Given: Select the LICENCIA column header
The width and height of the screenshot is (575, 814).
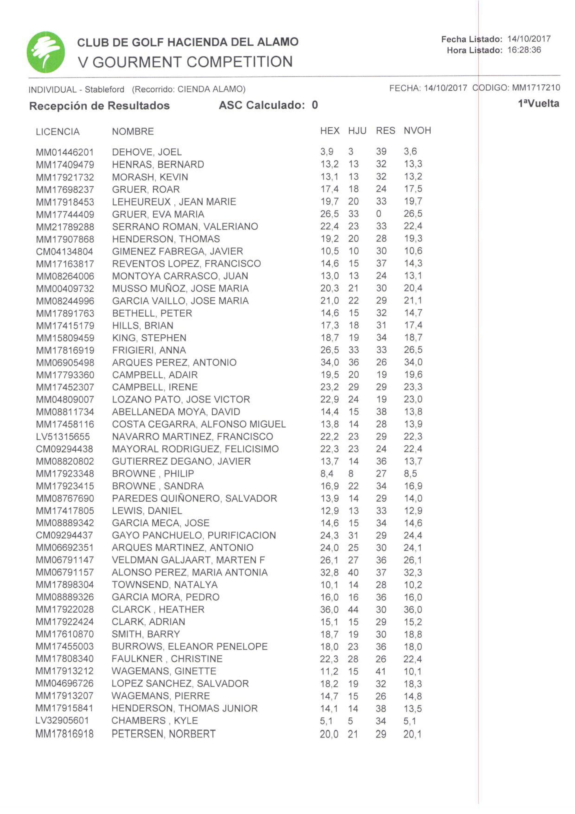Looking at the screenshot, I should [57, 132].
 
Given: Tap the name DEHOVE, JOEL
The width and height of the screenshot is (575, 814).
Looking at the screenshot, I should [147, 152].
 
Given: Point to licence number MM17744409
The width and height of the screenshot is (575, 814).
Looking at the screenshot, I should [65, 215].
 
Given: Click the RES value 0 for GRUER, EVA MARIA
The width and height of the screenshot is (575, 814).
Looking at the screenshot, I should [379, 214].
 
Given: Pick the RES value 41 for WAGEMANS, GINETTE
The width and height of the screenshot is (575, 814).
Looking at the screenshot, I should [380, 671].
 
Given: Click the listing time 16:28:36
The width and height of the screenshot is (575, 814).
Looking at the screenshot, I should [524, 50].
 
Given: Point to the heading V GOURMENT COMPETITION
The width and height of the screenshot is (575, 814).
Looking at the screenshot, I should [185, 62].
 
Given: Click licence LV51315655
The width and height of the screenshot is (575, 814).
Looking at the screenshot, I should [63, 437].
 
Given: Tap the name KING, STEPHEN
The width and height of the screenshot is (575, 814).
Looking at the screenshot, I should [149, 338].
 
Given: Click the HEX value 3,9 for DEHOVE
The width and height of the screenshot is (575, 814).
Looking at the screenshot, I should [327, 152].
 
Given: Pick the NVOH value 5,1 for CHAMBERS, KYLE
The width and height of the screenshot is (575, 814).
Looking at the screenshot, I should [410, 721].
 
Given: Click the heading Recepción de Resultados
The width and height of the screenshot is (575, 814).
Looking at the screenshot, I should [99, 106].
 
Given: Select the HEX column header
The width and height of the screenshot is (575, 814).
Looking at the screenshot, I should [329, 131].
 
